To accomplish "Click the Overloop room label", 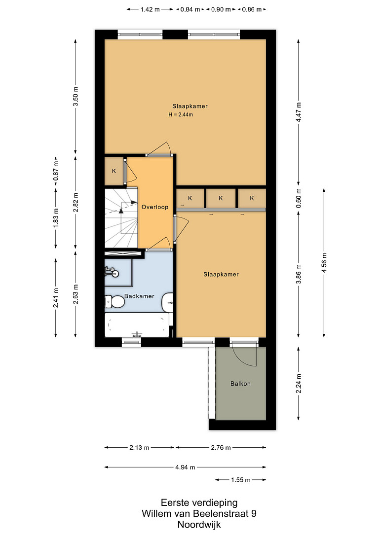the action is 155,207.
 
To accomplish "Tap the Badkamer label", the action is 139,296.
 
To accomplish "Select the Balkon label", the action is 240,384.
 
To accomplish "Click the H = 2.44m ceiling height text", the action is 181,115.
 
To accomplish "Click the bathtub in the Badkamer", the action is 137,324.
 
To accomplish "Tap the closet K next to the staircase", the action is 114,171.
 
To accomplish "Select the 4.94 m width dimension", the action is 186,467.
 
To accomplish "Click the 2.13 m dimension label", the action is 140,447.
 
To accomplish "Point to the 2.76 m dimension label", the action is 221,447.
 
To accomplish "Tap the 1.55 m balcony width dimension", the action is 241,480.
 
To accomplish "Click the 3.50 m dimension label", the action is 76,97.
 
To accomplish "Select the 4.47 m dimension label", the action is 299,112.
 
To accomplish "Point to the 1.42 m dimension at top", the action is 150,9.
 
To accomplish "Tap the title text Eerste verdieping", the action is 199,503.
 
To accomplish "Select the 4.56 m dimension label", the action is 325,263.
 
